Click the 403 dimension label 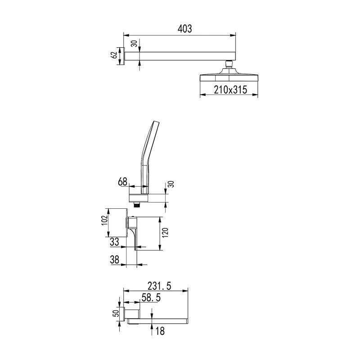pos(184,29)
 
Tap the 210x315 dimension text pos(230,90)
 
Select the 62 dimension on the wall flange pos(114,55)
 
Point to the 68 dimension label pos(122,182)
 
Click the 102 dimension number pos(104,220)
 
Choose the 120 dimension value pos(165,233)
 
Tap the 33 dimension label pos(114,242)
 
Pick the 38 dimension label pos(114,260)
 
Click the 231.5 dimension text pos(159,286)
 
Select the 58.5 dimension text pos(151,298)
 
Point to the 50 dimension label pos(117,313)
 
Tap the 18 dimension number pos(160,331)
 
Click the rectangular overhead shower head pos(229,75)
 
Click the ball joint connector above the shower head pos(229,64)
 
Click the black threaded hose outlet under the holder pos(137,205)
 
